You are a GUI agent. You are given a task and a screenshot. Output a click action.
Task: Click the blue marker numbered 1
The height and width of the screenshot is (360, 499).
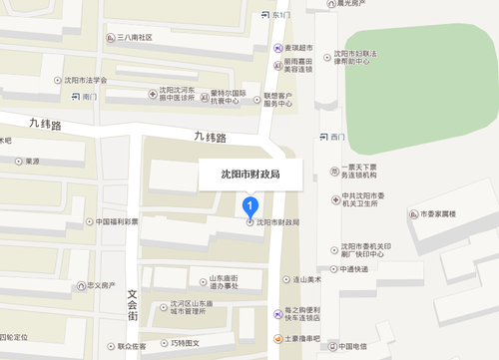250,206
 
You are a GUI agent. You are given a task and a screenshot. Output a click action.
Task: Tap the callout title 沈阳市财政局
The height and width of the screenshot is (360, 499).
249,174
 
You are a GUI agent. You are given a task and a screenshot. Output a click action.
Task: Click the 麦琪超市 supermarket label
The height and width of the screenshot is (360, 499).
300,47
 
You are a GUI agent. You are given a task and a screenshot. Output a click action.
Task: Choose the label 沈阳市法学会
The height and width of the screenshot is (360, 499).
83,80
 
